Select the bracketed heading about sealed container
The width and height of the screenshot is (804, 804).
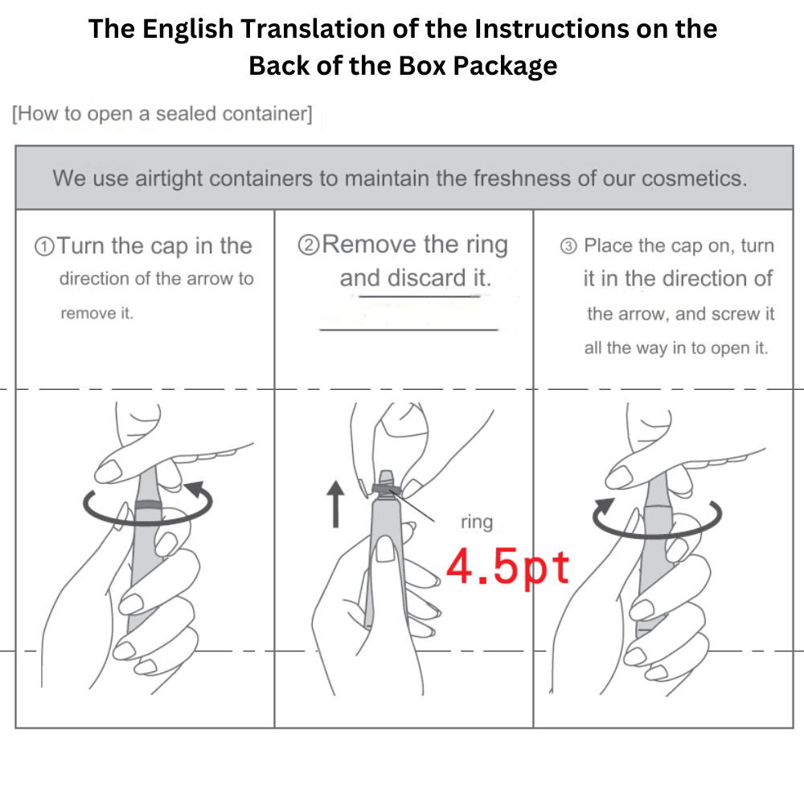[162, 113]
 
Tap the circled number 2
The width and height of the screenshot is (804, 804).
[309, 245]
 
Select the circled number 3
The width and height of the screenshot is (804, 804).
[568, 247]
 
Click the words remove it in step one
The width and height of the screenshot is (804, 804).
[97, 314]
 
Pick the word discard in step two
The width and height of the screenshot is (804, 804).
[425, 278]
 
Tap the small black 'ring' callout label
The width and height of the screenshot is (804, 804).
[477, 522]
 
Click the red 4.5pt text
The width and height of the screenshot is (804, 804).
[508, 568]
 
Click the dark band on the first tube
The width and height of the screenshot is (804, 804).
[148, 503]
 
